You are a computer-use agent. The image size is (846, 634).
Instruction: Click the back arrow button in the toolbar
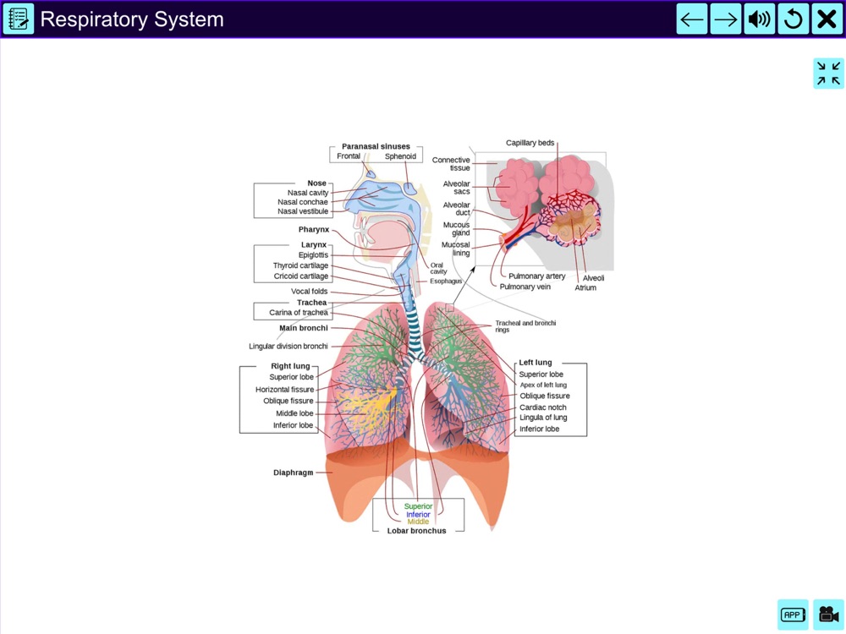pyautogui.click(x=692, y=19)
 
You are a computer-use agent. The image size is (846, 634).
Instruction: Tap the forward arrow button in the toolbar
pyautogui.click(x=726, y=19)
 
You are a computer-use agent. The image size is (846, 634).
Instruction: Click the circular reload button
pyautogui.click(x=794, y=19)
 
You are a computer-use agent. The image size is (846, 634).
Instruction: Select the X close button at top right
pyautogui.click(x=827, y=19)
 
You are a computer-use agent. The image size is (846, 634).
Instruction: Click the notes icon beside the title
pyautogui.click(x=18, y=19)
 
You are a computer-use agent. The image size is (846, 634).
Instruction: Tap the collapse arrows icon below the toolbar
pyautogui.click(x=828, y=74)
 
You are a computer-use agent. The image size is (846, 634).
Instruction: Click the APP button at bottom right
pyautogui.click(x=793, y=615)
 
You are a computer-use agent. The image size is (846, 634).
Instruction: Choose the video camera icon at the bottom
pyautogui.click(x=828, y=615)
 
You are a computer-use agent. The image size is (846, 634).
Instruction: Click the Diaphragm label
pyautogui.click(x=293, y=473)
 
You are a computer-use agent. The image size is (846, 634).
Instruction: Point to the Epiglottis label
pyautogui.click(x=313, y=255)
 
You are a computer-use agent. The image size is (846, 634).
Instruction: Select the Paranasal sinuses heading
pyautogui.click(x=376, y=146)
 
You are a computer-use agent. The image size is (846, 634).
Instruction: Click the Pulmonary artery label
pyautogui.click(x=536, y=276)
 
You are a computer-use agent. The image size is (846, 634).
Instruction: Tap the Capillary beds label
pyautogui.click(x=530, y=143)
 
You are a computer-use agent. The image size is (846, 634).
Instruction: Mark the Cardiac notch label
pyautogui.click(x=543, y=407)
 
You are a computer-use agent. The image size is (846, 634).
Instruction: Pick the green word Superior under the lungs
pyautogui.click(x=418, y=506)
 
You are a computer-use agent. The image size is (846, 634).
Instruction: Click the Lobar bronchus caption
pyautogui.click(x=416, y=531)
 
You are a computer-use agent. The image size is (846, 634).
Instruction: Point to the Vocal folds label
pyautogui.click(x=309, y=292)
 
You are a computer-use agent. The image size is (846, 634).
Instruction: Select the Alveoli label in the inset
pyautogui.click(x=593, y=278)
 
